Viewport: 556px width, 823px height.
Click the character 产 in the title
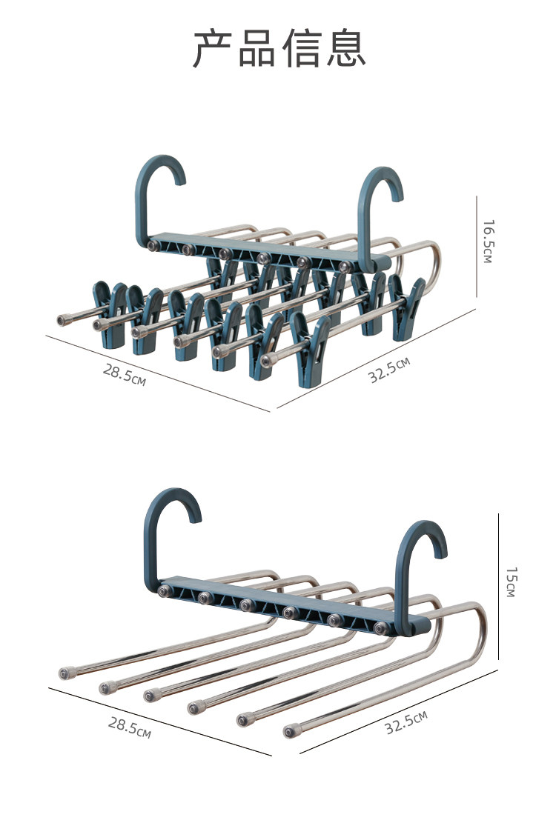click(x=212, y=49)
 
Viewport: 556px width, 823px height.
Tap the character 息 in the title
click(x=346, y=49)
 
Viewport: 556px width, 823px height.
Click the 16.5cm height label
click(x=489, y=241)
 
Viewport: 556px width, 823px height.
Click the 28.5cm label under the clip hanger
click(x=125, y=374)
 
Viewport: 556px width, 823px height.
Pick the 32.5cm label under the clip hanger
click(x=389, y=370)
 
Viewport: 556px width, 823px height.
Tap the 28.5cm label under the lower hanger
click(x=130, y=727)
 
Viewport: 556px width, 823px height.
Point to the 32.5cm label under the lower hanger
click(x=406, y=722)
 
